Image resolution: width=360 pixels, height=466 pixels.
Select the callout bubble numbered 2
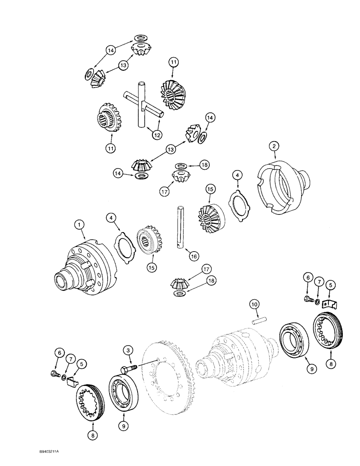pos(274,146)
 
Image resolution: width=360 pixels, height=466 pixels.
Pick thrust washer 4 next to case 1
pos(125,245)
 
